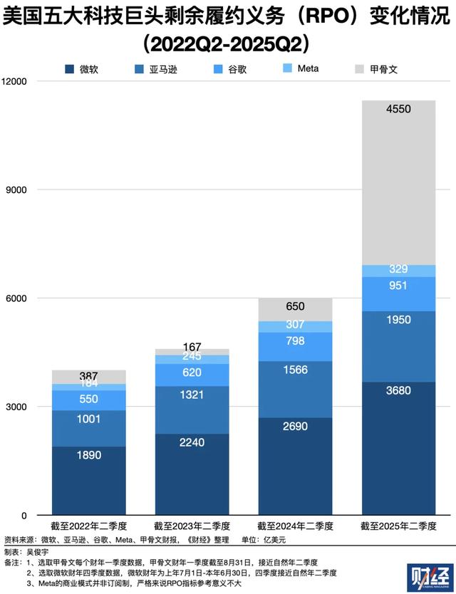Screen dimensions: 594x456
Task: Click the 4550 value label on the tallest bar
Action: [398, 109]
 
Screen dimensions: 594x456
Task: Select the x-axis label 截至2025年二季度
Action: [398, 527]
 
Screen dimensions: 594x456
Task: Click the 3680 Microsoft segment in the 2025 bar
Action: [398, 449]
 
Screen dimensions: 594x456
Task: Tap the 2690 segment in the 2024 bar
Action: [296, 467]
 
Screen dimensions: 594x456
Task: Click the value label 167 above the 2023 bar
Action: [193, 345]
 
